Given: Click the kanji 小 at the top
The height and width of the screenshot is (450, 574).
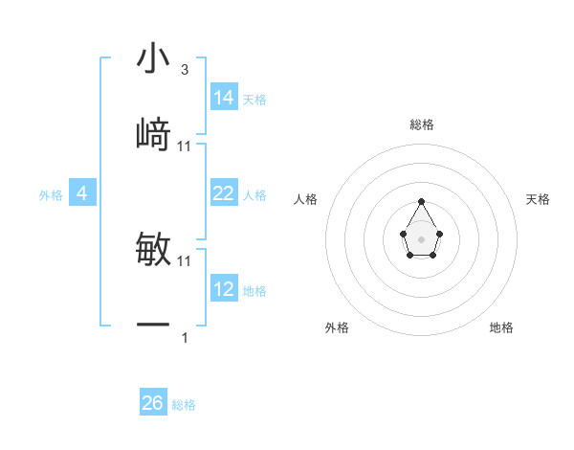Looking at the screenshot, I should click(x=153, y=58).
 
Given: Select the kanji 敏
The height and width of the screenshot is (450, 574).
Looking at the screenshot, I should click(x=153, y=249).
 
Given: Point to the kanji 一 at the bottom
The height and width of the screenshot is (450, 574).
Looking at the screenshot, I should click(x=153, y=326).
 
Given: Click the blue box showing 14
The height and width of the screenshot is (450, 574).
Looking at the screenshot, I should click(x=223, y=98).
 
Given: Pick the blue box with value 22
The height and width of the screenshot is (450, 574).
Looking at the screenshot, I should click(x=223, y=193).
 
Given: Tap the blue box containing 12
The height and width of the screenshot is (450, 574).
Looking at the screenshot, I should click(x=223, y=289).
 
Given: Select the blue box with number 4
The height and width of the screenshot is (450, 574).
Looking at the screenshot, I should click(x=81, y=193).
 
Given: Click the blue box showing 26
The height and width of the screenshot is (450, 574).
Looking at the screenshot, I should click(x=152, y=403).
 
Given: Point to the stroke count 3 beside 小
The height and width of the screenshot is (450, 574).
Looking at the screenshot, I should click(x=184, y=70).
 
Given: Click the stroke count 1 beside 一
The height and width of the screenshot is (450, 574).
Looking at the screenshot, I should click(x=184, y=338).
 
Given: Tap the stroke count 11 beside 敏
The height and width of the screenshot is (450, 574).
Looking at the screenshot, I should click(x=185, y=260).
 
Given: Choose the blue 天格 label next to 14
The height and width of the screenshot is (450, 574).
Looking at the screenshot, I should click(x=254, y=100).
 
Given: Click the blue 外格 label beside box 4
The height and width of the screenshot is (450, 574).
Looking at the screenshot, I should click(x=51, y=195).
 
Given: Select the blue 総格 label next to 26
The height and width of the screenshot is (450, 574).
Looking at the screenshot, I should click(x=184, y=405).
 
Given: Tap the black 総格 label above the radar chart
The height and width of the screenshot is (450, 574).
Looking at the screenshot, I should click(x=421, y=124).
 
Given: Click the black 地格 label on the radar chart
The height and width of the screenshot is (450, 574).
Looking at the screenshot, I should click(x=501, y=327).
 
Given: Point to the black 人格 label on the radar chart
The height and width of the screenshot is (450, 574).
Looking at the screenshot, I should click(x=306, y=199).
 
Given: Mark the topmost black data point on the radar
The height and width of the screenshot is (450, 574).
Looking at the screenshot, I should click(x=421, y=201).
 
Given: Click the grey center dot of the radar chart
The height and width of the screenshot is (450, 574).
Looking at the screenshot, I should click(x=421, y=237).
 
